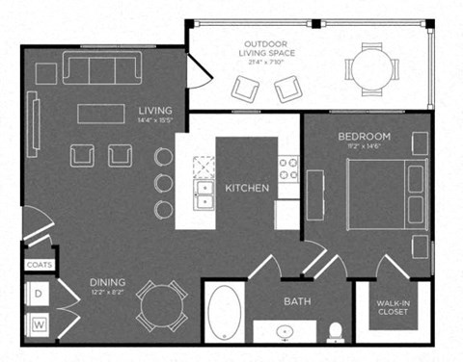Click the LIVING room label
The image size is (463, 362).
click(154, 110)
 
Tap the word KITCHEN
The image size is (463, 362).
click(247, 188)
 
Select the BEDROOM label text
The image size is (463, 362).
click(365, 137)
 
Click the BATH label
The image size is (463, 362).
click(296, 301)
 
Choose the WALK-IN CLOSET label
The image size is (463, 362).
click(393, 307)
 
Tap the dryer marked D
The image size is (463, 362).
click(41, 291)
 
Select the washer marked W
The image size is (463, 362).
click(41, 323)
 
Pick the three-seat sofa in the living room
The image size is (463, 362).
click(101, 67)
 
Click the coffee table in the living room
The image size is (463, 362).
click(101, 113)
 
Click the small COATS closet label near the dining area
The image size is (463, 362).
click(40, 263)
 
